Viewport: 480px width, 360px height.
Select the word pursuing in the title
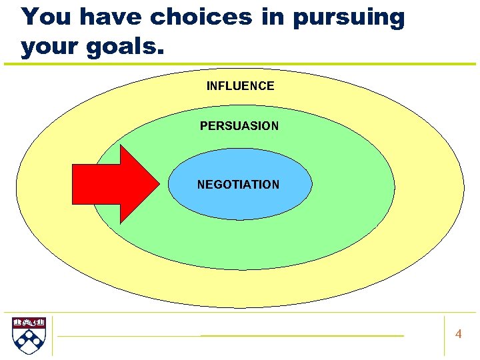tap(348, 17)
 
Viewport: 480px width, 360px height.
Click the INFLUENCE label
tap(240, 86)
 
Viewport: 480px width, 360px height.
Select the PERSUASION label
tap(239, 126)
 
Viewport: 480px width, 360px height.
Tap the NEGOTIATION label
tap(238, 185)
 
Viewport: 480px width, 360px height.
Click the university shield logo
tap(29, 335)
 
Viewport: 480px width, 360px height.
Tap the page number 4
tap(458, 334)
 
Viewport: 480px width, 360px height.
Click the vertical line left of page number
tap(444, 335)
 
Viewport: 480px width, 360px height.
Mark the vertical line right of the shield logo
tap(52, 335)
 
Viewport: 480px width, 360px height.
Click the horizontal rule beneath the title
tap(240, 64)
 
